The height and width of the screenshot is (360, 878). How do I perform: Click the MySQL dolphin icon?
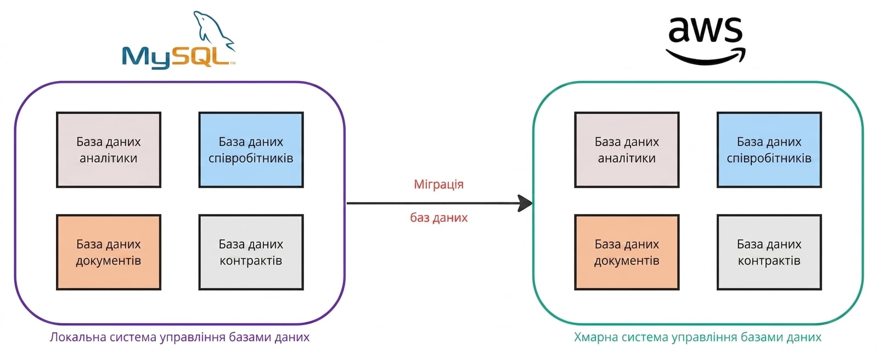tap(213, 31)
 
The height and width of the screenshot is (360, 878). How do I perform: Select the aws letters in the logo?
tap(705, 30)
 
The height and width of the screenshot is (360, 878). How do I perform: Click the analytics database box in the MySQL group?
tap(109, 150)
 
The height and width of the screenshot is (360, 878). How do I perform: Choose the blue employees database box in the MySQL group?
tap(251, 150)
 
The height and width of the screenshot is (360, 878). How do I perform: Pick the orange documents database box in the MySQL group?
tap(109, 252)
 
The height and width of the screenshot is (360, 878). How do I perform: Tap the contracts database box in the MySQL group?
tap(251, 252)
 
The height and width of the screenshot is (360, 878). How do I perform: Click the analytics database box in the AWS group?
tap(627, 150)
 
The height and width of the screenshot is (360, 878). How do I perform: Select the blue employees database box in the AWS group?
tap(769, 150)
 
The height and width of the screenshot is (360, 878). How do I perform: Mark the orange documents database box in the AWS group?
tap(627, 252)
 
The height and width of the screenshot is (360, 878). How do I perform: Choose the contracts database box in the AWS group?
tap(769, 252)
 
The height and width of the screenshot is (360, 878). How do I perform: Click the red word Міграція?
tap(438, 184)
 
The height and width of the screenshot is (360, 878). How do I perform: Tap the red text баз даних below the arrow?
tap(438, 217)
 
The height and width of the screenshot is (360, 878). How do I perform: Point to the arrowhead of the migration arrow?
tap(525, 203)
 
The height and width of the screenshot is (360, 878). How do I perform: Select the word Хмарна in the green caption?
tap(596, 337)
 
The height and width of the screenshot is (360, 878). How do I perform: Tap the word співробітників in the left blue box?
tap(251, 159)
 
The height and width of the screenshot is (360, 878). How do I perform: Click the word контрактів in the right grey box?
tap(769, 261)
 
